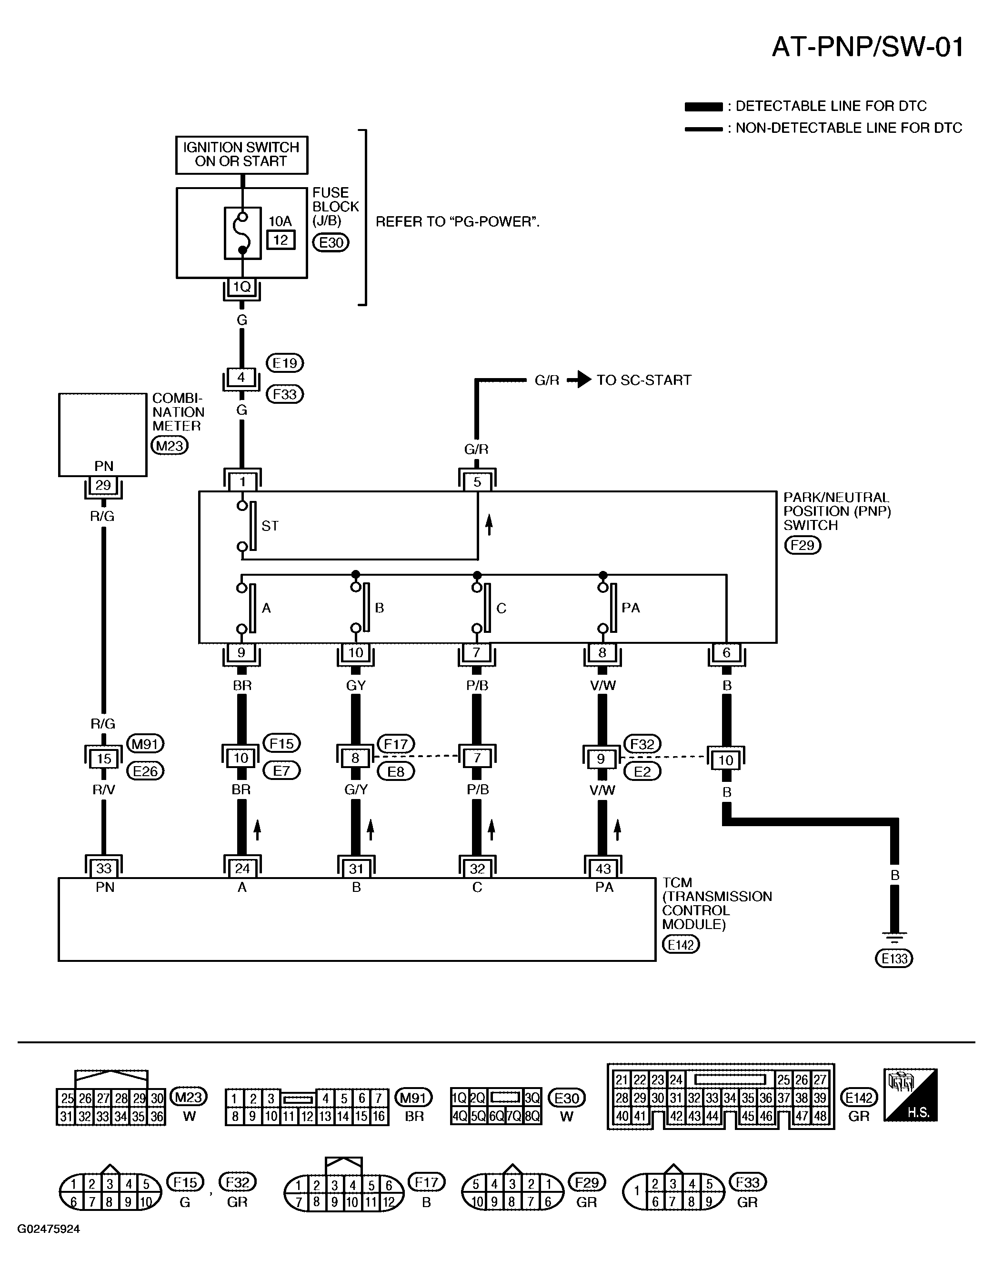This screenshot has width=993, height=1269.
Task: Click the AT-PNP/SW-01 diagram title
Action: (x=867, y=47)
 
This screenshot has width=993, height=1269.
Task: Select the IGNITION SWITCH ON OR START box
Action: (x=242, y=155)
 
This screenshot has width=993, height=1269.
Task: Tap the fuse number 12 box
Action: (x=281, y=240)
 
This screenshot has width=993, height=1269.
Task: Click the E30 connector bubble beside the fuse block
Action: (x=331, y=242)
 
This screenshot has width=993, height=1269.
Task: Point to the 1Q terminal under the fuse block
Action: (x=241, y=287)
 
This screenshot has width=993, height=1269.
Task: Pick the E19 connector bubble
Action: (x=285, y=363)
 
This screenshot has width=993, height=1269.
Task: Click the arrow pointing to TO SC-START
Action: (x=579, y=380)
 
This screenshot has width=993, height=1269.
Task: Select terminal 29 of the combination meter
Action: (x=103, y=485)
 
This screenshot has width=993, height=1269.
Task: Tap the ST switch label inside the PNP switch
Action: (x=270, y=526)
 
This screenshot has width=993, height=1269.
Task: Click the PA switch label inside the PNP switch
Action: (x=631, y=608)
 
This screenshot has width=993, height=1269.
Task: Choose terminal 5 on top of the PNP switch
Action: (x=477, y=481)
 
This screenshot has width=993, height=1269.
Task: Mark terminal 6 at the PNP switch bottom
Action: (x=726, y=653)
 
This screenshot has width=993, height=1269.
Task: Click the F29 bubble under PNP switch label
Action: (x=803, y=545)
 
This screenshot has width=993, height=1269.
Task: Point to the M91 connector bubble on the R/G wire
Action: (x=145, y=743)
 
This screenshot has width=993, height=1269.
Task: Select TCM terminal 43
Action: (x=603, y=869)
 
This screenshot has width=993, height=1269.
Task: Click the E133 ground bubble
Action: (x=894, y=958)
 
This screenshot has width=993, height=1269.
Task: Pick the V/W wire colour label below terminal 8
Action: (x=603, y=686)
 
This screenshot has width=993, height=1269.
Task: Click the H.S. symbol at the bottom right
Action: (x=911, y=1095)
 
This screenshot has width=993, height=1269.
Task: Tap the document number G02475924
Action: (x=49, y=1229)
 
